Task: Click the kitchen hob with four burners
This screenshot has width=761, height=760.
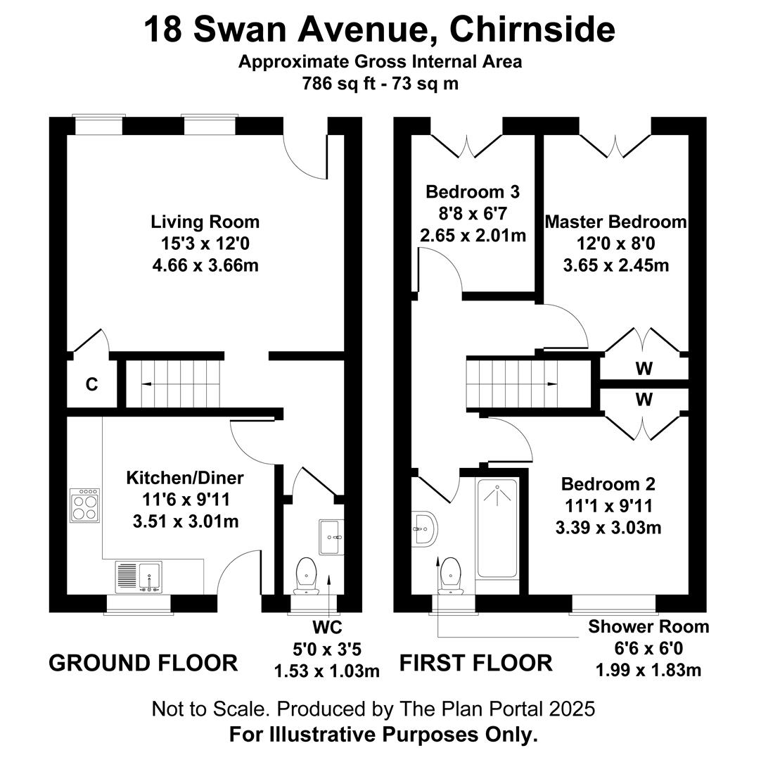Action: (85, 505)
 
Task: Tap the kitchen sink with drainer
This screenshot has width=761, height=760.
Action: (139, 577)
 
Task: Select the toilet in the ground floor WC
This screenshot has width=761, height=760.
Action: (306, 576)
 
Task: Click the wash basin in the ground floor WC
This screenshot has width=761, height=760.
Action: (331, 537)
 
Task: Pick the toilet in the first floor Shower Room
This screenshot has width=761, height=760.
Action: (450, 576)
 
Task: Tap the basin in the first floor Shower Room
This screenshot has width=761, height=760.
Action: (425, 529)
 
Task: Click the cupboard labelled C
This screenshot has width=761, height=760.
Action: (91, 384)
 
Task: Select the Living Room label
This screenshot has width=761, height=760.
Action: (205, 222)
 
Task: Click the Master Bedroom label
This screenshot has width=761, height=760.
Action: (615, 222)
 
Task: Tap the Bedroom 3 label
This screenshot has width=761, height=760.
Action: (473, 192)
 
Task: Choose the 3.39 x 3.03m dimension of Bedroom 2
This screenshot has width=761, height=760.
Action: (608, 527)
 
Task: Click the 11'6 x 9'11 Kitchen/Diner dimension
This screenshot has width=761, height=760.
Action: (186, 499)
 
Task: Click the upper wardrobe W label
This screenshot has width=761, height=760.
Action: (644, 369)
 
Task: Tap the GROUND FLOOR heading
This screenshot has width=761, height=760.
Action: (143, 663)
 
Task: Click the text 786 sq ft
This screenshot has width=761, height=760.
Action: (339, 83)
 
